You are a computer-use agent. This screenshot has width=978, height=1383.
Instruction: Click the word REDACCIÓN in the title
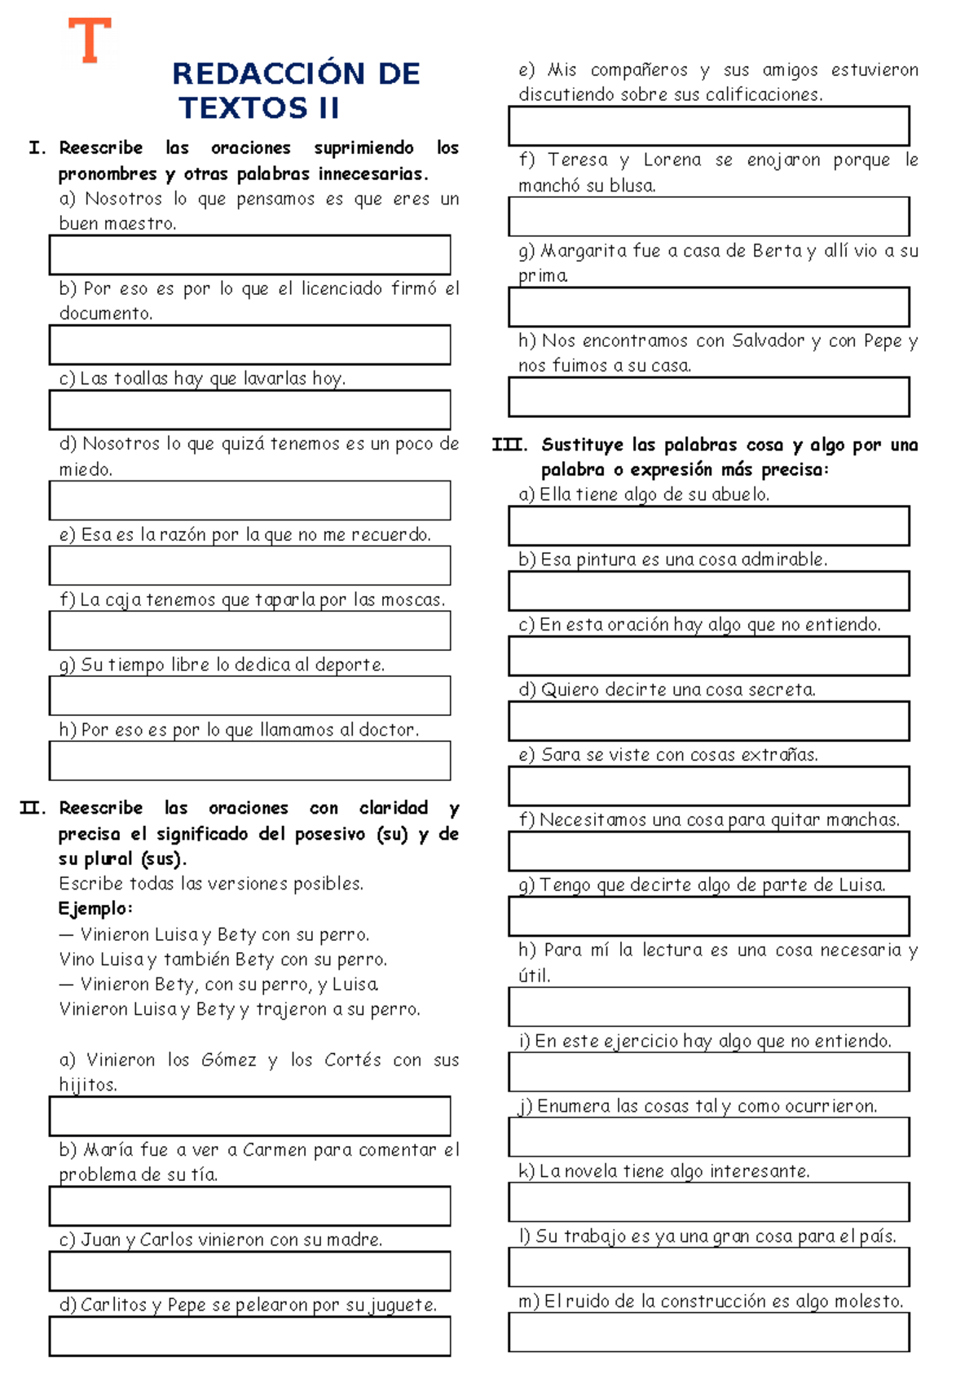[268, 74]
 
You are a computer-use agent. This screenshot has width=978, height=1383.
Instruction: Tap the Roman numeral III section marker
[509, 446]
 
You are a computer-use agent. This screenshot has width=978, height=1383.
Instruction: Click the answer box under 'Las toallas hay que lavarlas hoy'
[249, 410]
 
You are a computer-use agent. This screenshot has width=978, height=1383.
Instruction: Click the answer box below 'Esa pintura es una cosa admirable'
[708, 591]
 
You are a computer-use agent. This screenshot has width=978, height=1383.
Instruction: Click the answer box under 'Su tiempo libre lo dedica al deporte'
[249, 696]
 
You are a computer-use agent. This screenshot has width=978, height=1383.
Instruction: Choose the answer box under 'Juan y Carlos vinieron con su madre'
[249, 1271]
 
